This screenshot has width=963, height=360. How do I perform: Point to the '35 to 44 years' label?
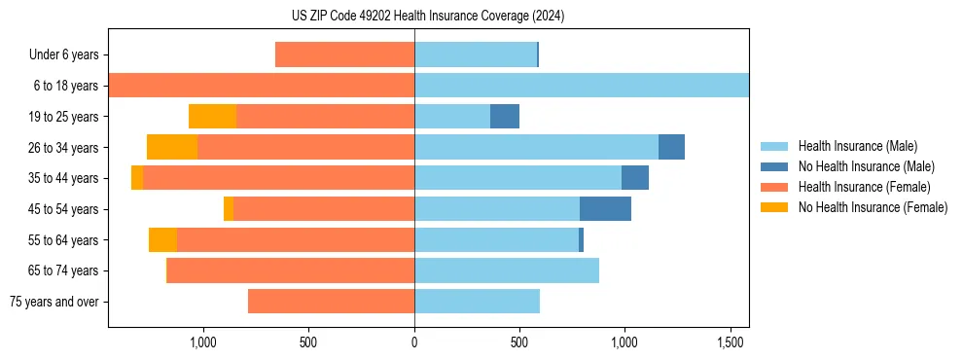click(x=63, y=178)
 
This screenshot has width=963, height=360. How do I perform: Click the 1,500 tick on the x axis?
click(x=730, y=343)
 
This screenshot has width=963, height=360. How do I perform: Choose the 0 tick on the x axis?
click(x=414, y=343)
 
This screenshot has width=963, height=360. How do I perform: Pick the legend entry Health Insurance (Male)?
click(x=856, y=146)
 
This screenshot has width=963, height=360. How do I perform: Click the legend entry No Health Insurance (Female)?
click(x=872, y=207)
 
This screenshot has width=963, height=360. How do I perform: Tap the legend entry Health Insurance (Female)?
click(x=863, y=187)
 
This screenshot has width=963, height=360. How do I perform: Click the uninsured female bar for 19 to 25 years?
click(x=212, y=117)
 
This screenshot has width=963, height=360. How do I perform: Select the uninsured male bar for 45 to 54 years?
click(x=605, y=209)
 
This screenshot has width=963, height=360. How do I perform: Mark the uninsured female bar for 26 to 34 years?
click(x=172, y=147)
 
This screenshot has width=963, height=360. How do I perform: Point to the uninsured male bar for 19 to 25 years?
click(x=505, y=117)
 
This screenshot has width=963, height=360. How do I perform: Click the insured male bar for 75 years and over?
click(x=477, y=302)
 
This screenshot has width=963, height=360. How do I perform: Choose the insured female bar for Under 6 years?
click(x=344, y=55)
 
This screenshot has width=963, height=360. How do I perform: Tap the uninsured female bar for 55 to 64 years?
click(x=162, y=240)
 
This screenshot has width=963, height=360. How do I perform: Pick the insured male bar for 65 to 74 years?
click(x=507, y=270)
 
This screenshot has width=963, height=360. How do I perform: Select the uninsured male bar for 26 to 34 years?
click(x=671, y=147)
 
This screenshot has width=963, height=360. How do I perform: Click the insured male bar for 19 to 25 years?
click(x=452, y=117)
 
